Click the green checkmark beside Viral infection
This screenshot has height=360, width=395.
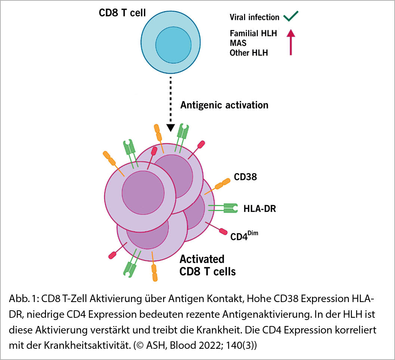(x=290, y=16)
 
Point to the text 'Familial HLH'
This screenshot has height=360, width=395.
(x=253, y=33)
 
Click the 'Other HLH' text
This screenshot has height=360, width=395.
(x=249, y=53)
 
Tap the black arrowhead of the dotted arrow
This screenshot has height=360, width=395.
(x=170, y=127)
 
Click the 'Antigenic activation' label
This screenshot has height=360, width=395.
(x=224, y=105)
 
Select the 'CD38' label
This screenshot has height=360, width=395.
(x=246, y=177)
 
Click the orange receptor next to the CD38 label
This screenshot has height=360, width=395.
(x=223, y=184)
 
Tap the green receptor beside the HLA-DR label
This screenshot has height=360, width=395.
(x=229, y=209)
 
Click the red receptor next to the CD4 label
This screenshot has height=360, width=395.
(x=223, y=231)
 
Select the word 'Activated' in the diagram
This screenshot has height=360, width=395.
(x=202, y=259)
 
